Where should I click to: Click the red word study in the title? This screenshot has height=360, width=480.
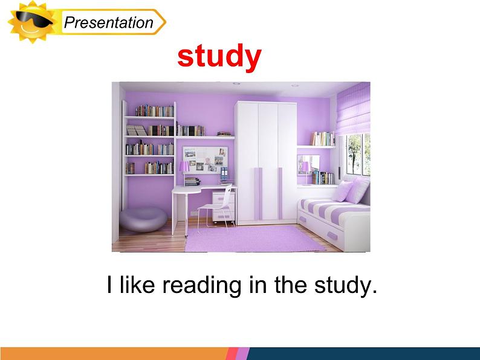pos(219,57)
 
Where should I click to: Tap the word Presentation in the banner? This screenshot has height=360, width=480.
pos(109,22)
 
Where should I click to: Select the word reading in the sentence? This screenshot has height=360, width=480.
pos(202,285)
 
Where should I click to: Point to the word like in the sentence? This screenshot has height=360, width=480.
pos(137,284)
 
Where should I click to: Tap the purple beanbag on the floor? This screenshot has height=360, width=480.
pos(143,219)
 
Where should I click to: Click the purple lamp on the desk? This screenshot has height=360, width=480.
pos(184,172)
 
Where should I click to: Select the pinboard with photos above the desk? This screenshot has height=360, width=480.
pos(205,159)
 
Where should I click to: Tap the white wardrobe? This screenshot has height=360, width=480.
pos(266,162)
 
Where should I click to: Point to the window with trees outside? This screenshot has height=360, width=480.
pos(358,155)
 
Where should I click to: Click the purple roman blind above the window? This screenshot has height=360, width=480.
pos(353,109)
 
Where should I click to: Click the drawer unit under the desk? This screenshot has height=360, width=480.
pos(224,207)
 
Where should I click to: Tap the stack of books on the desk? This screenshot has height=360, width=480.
pos(192,181)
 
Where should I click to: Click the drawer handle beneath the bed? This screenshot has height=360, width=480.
pos(332,236)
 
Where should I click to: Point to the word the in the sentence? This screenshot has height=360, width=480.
pos(291,284)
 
